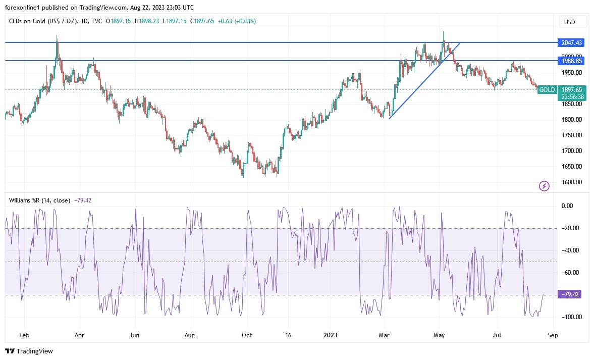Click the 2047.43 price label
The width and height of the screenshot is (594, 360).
click(572, 42)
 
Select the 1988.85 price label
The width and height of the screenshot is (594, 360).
click(572, 61)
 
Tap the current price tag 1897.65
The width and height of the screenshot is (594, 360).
click(572, 89)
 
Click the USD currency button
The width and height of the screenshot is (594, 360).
click(573, 22)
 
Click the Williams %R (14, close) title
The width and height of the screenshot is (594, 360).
click(40, 200)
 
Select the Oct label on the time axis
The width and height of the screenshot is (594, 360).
click(247, 334)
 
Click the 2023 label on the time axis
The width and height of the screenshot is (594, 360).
click(331, 334)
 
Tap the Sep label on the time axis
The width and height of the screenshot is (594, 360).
click(553, 334)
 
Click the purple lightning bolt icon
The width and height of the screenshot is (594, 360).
click(544, 186)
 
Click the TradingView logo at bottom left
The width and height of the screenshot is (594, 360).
click(29, 351)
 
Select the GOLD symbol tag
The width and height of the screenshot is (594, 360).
click(547, 89)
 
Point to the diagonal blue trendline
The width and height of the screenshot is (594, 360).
click(424, 81)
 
